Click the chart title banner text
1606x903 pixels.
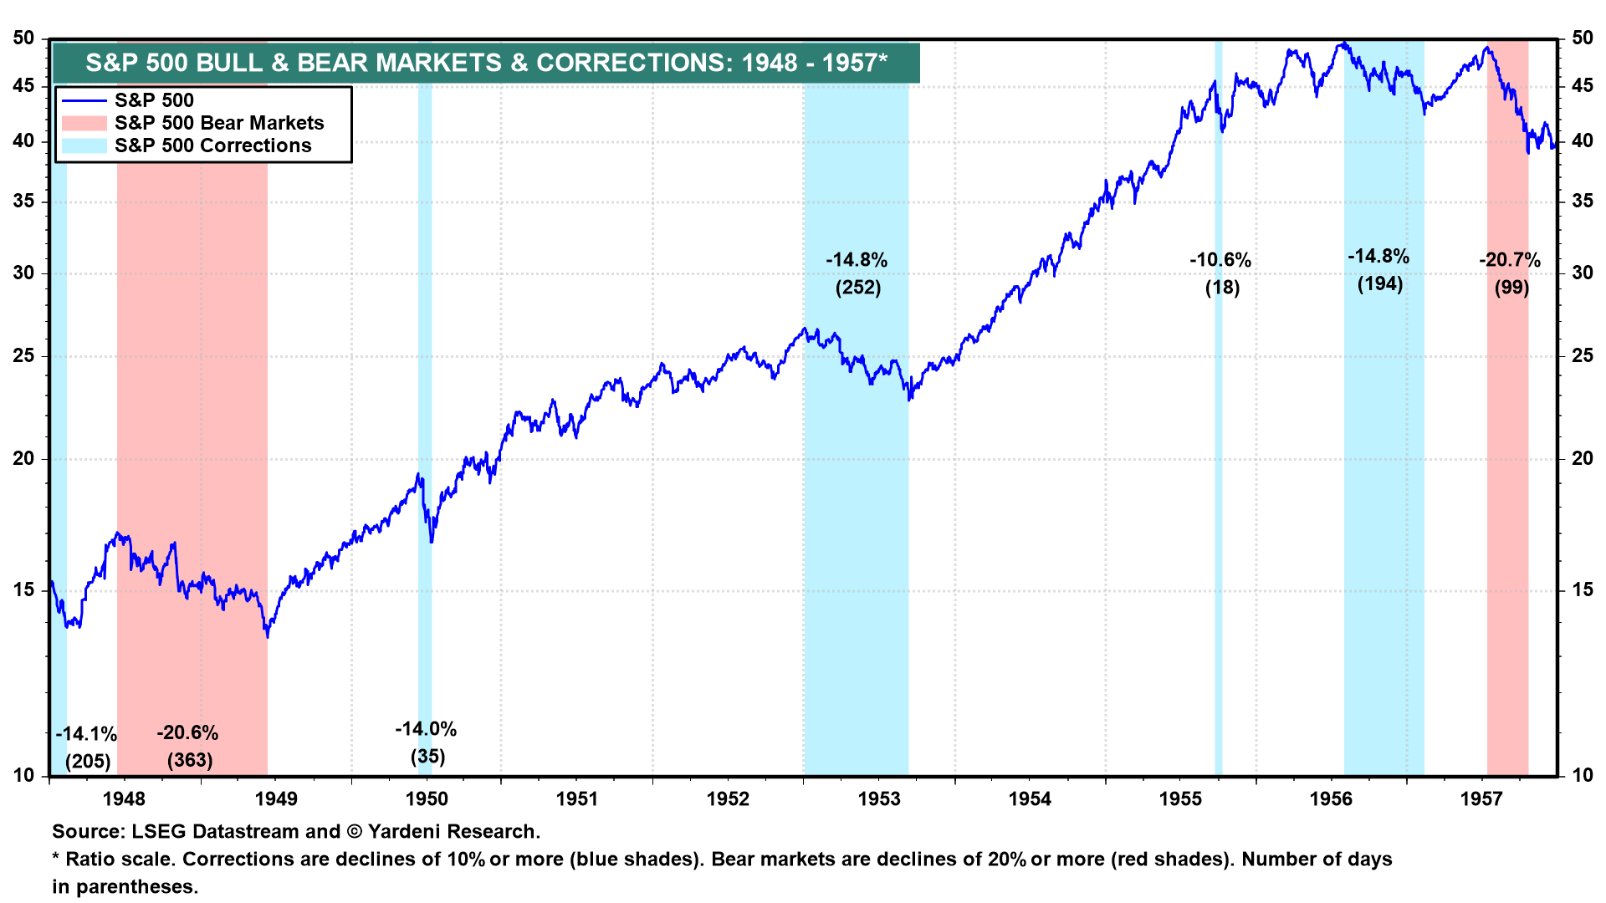[486, 63]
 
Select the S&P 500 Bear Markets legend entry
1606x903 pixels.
[218, 123]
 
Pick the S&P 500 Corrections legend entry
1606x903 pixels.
[212, 145]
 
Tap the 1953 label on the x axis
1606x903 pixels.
[878, 799]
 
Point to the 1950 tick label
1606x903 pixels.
[427, 799]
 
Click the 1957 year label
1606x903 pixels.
[1481, 799]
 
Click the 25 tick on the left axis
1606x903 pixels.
[23, 356]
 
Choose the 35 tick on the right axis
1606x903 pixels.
[1582, 201]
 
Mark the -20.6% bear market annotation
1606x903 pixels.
[187, 733]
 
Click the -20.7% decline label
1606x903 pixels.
[1510, 260]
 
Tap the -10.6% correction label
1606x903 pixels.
[1220, 260]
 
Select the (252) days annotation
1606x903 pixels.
[858, 288]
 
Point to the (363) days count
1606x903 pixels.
[190, 760]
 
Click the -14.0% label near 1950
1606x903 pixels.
[426, 729]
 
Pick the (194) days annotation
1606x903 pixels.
[1379, 283]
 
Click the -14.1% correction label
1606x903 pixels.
[86, 734]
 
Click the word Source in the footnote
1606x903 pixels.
[88, 832]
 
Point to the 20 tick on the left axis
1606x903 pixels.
[23, 458]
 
